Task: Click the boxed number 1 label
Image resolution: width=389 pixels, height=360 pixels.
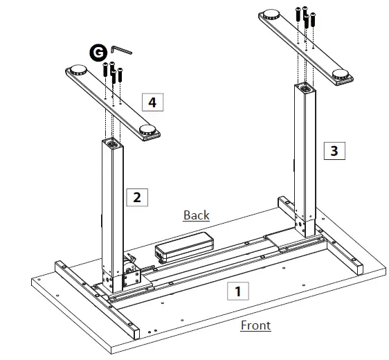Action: click(x=238, y=291)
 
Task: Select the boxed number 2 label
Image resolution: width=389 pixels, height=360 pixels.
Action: click(x=136, y=197)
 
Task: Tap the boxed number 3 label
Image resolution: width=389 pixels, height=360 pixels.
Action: click(x=334, y=150)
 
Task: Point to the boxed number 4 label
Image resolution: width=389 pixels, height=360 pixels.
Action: click(x=152, y=102)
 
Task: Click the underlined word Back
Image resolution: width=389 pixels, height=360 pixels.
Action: click(x=196, y=215)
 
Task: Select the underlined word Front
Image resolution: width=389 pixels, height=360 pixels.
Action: click(x=255, y=325)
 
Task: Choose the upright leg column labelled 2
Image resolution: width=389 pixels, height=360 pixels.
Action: click(x=112, y=208)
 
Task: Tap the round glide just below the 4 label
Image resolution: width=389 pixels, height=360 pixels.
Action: click(x=148, y=129)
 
